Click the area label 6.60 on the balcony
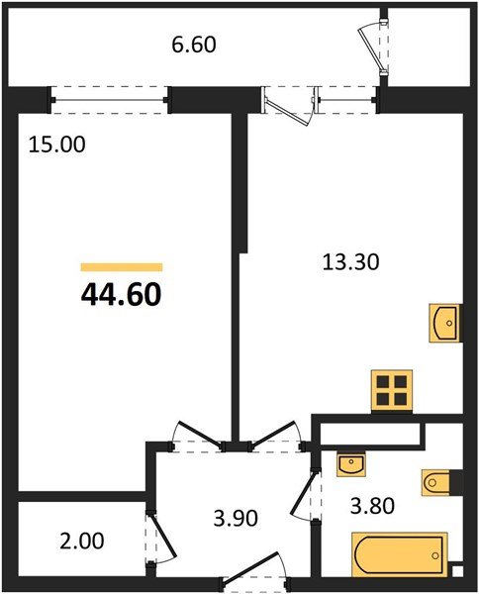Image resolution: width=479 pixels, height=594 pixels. [193, 45]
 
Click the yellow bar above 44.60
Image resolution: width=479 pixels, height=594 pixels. [121, 267]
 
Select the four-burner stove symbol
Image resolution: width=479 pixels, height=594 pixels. [391, 389]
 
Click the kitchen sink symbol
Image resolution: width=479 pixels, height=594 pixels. [446, 323]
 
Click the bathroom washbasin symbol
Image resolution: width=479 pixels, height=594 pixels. [349, 462]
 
